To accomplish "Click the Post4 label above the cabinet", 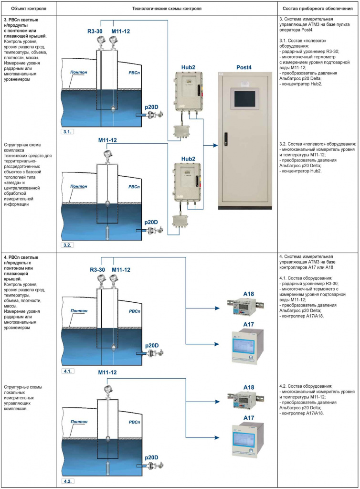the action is (244, 67).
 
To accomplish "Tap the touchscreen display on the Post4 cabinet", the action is (245, 98).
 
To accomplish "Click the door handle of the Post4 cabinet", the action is (226, 139).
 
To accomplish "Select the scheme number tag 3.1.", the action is (67, 132).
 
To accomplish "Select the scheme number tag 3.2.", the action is (67, 245).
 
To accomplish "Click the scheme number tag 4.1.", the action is (68, 371).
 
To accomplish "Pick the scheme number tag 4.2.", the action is (68, 481).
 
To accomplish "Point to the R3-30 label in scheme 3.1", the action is (95, 31).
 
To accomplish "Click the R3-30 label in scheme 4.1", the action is (97, 270).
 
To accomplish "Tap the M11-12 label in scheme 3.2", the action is (107, 140).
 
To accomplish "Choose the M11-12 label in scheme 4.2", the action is (107, 372).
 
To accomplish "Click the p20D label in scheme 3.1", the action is (151, 107).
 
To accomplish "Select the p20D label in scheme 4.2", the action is (151, 457).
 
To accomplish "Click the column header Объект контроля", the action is (29, 9).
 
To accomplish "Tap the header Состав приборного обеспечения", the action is (318, 9).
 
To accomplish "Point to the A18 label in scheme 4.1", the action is (248, 294).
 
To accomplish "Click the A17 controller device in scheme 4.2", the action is (248, 440).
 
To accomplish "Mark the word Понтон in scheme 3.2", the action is (79, 186).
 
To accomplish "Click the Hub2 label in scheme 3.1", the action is (188, 67).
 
